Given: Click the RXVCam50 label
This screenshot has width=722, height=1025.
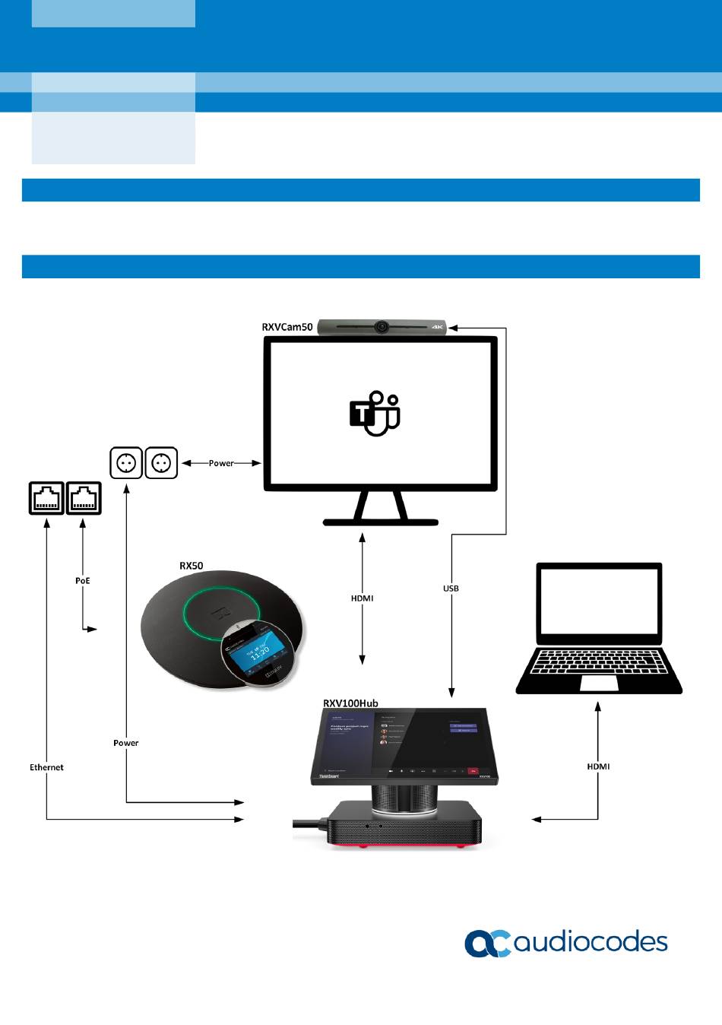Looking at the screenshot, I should (x=287, y=328).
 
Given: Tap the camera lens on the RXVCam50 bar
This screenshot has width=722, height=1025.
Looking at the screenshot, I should (x=381, y=327).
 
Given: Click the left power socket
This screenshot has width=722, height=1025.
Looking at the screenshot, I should (x=126, y=462).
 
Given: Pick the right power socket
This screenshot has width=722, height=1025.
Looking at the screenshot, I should (x=161, y=462).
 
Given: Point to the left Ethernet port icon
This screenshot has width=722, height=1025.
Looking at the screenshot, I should (x=46, y=498).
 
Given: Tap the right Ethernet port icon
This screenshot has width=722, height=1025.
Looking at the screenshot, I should (x=84, y=498).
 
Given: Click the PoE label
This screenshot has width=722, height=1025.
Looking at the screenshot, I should (x=83, y=581).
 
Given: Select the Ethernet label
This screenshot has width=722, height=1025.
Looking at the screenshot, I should (x=46, y=767).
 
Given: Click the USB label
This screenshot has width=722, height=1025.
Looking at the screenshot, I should (x=451, y=589).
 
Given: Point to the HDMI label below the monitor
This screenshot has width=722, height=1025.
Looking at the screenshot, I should (x=363, y=598).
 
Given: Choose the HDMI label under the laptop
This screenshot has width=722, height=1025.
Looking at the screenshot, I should (x=598, y=766).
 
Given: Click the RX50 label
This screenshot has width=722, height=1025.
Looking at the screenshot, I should (x=191, y=566).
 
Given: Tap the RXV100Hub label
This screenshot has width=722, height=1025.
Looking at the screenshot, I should (x=350, y=703).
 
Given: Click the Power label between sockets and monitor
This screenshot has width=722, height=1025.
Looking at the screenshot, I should (x=221, y=463).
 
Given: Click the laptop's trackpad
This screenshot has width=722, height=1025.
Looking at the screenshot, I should (x=599, y=683).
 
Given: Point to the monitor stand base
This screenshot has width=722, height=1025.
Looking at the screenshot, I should (x=381, y=522).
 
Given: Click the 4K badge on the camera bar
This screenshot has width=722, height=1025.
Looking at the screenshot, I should (x=438, y=328).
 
